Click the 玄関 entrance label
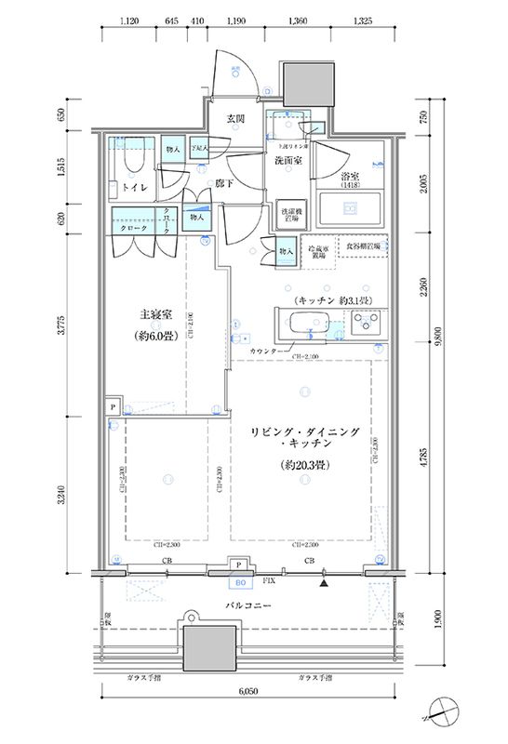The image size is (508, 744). coord(235,119)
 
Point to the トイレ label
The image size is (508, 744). coord(133,187)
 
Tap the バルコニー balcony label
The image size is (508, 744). coord(247,605)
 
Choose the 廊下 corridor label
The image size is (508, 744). coord(222,183)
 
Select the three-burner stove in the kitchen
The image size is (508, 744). coord(366,326)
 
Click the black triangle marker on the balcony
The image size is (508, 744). coord(325,584)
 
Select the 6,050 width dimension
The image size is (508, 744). coord(247,694)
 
